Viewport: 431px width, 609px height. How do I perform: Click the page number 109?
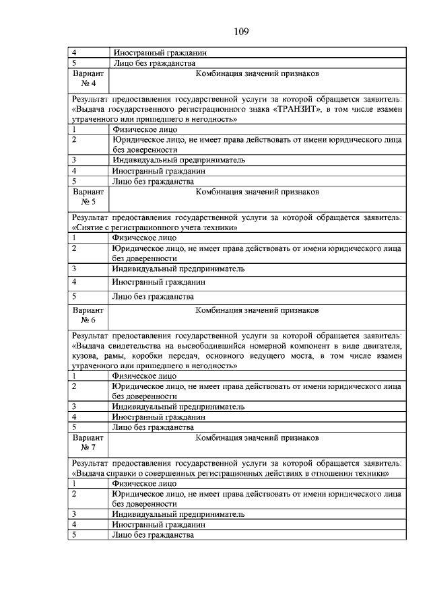pos(242,31)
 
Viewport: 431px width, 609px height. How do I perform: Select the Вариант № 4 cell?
pos(88,78)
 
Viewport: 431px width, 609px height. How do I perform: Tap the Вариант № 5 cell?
pos(88,196)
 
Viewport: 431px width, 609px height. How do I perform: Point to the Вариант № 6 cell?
pos(88,315)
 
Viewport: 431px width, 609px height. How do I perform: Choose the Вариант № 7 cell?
pos(88,442)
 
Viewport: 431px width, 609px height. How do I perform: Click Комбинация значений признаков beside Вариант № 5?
pos(257,192)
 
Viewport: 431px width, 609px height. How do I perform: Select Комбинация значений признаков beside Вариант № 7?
pos(257,438)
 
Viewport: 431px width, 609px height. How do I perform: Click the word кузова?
pos(86,355)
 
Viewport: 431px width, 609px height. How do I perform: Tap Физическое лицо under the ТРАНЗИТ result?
pos(145,129)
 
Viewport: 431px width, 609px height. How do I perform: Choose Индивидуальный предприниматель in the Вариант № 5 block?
pos(178,268)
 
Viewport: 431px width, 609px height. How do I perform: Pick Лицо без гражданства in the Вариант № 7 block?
pos(154,535)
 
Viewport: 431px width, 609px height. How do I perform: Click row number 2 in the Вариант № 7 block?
pos(74,493)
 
